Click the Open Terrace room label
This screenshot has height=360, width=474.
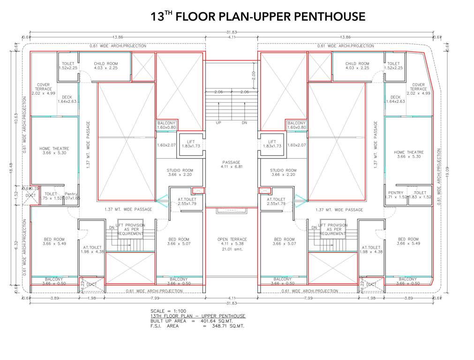coord(232,240)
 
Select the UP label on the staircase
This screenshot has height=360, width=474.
coord(218,123)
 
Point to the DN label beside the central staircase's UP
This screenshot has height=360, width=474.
coord(244,123)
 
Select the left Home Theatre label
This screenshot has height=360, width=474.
coord(54,151)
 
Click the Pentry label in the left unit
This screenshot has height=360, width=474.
coord(71,194)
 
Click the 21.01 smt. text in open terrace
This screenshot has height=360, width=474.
coord(232,249)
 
